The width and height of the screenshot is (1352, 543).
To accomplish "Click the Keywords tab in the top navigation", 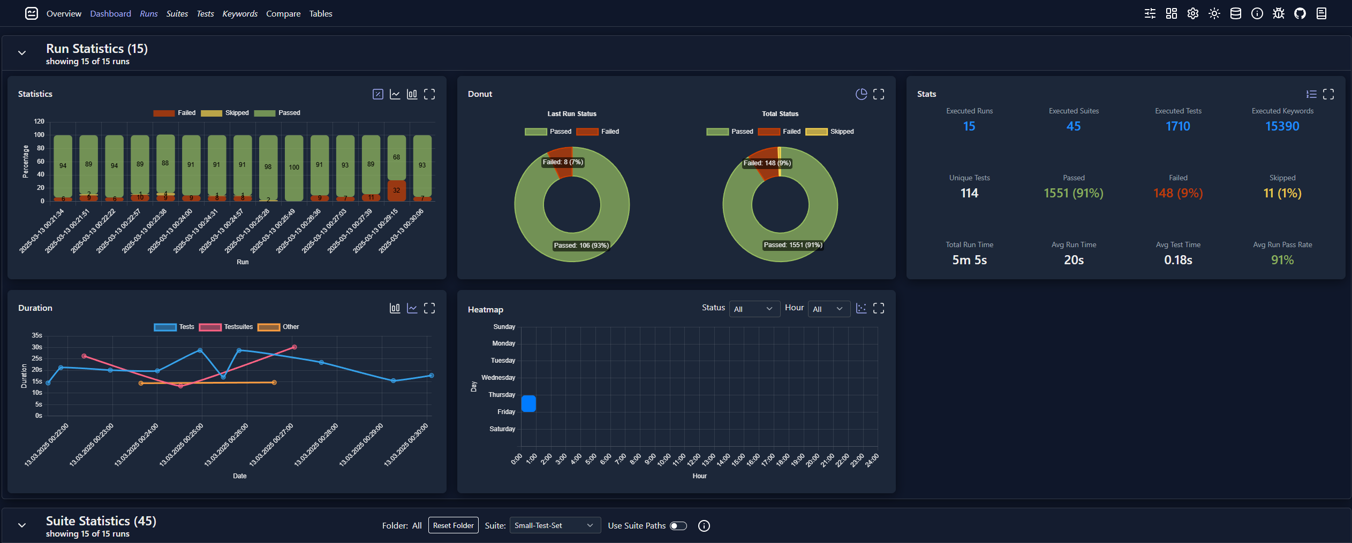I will [x=239, y=13].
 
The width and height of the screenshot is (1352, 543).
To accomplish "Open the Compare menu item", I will [x=283, y=13].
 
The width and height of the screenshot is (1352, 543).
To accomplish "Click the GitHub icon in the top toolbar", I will [x=1300, y=13].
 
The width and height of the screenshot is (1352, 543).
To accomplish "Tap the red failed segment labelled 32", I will [x=396, y=190].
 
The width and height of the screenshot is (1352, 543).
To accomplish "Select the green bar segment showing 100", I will [x=294, y=167].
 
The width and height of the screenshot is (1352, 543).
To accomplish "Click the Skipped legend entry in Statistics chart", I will [x=225, y=113].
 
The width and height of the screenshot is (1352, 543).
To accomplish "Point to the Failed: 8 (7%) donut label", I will [x=562, y=162].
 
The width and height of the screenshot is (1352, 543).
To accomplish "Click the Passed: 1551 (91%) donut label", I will [x=792, y=245].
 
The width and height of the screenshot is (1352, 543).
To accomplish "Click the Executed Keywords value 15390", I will [x=1282, y=126].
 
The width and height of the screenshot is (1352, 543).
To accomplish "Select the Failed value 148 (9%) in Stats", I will [x=1177, y=193].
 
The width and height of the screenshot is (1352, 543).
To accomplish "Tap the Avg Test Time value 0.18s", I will [x=1177, y=260].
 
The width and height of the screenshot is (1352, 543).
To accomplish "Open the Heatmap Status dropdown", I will [x=753, y=309].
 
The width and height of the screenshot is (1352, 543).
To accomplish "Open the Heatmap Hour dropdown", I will [x=828, y=309].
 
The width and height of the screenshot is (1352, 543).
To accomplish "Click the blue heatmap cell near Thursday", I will [x=528, y=403].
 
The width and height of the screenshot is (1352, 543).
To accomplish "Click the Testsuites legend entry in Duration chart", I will [x=225, y=327].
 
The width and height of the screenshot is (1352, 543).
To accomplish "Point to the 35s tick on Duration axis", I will [x=37, y=335].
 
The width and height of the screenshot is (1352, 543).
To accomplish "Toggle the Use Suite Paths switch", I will [x=678, y=526].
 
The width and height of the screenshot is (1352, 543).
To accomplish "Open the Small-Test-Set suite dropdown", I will [x=554, y=526].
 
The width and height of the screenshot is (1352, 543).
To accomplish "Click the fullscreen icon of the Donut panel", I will [x=879, y=94].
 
